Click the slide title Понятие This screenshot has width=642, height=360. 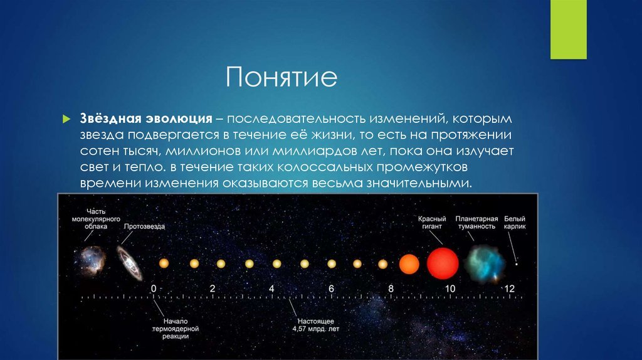click(x=282, y=77)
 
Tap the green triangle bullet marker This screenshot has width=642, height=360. click(x=66, y=119)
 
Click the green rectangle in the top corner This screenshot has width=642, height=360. click(x=568, y=29)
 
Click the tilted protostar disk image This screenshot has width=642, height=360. click(x=130, y=263)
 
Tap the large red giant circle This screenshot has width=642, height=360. click(x=443, y=263)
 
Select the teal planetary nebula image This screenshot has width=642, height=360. click(x=485, y=264)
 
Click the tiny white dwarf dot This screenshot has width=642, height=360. click(x=517, y=264)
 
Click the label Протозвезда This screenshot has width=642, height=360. click(x=144, y=226)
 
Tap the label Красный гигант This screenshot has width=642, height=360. click(x=432, y=223)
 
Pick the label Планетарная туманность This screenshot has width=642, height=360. click(x=476, y=223)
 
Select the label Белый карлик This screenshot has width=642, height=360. click(x=515, y=223)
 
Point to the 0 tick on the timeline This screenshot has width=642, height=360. click(x=154, y=289)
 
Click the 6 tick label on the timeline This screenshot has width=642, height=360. click(x=331, y=289)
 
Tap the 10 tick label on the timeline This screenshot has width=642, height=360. click(x=450, y=289)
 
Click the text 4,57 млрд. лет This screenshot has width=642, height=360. click(x=316, y=329)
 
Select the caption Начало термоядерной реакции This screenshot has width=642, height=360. click(x=176, y=329)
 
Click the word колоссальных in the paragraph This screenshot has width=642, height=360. click(x=325, y=167)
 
